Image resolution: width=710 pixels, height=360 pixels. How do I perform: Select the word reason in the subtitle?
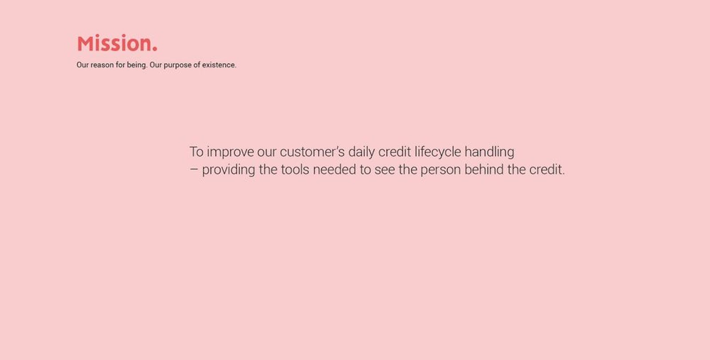click(102, 65)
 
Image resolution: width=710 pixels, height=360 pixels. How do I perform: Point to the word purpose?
click(177, 65)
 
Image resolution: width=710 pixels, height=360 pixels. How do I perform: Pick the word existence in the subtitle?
click(219, 65)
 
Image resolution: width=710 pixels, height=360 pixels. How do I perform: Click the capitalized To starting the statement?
click(196, 152)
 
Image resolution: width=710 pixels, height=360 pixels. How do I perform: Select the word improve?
click(230, 152)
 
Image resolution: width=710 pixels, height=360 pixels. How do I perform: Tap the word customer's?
click(312, 152)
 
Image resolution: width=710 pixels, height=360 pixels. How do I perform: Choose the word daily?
click(362, 152)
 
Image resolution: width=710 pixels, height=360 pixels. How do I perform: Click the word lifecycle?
click(438, 152)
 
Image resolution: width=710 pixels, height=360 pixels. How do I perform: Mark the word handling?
click(489, 152)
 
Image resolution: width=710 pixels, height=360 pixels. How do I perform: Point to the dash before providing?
click(193, 170)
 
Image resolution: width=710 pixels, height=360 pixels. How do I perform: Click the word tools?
click(295, 170)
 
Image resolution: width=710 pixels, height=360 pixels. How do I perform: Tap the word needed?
click(335, 170)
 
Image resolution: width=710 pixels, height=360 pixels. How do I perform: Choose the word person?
click(441, 170)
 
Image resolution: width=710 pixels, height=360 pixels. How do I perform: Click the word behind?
click(484, 170)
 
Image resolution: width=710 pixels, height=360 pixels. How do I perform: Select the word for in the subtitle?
click(120, 65)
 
